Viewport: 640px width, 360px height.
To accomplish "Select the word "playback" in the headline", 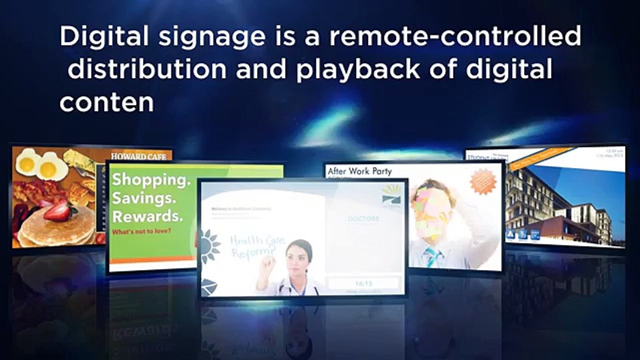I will point(357,70).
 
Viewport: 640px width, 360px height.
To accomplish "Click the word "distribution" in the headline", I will point(147,70).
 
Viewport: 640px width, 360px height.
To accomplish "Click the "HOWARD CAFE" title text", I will point(138,156).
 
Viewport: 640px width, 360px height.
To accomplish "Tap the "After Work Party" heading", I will point(359,171).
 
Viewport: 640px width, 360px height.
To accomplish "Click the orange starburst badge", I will point(482,181).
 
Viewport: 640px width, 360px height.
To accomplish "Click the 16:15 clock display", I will point(363,283).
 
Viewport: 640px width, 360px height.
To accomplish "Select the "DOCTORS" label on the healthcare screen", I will point(363,218).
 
